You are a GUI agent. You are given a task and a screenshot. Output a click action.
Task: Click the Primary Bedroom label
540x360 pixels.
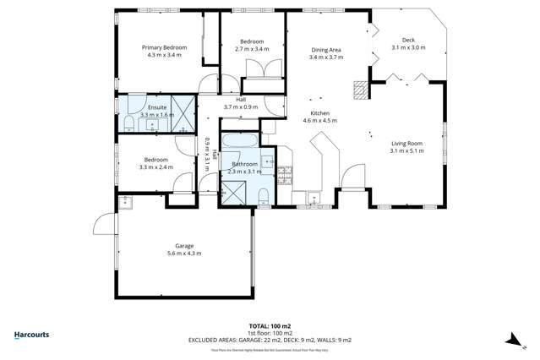pyautogui.click(x=163, y=48)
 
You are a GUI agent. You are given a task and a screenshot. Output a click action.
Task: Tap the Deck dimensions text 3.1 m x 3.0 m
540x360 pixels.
pyautogui.click(x=408, y=48)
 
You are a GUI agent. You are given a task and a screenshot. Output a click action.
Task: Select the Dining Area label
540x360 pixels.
pyautogui.click(x=325, y=50)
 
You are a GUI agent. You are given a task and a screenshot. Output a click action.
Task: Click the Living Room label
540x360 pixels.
pyautogui.click(x=406, y=144)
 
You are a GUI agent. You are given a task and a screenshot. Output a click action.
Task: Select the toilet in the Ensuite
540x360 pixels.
pyautogui.click(x=128, y=124)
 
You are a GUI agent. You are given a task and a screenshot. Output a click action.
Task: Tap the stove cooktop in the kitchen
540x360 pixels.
pyautogui.click(x=285, y=173)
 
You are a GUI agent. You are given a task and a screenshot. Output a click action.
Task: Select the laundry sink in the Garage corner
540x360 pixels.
pyautogui.click(x=126, y=201)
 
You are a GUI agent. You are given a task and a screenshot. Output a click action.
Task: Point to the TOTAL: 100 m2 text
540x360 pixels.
pyautogui.click(x=270, y=325)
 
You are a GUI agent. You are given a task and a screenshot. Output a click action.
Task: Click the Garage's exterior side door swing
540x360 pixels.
pyautogui.click(x=102, y=223)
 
